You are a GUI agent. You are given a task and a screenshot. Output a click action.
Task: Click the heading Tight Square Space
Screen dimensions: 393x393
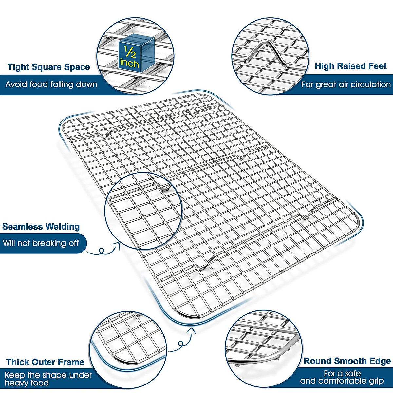(48, 67)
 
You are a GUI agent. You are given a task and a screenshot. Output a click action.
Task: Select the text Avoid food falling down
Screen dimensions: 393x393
(51, 84)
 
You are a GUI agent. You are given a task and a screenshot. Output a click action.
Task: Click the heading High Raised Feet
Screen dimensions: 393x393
(350, 66)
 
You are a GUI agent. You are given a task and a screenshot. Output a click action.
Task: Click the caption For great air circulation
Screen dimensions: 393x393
(346, 84)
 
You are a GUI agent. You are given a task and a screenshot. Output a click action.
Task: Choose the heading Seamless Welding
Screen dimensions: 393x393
(41, 227)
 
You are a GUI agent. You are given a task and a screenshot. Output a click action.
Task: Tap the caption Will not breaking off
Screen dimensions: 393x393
(41, 243)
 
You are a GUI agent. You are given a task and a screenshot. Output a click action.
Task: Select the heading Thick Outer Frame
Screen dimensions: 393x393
(45, 362)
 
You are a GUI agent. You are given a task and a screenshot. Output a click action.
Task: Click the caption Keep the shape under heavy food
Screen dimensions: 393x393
(48, 379)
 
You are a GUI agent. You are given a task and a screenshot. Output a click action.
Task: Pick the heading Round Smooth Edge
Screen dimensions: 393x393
(347, 361)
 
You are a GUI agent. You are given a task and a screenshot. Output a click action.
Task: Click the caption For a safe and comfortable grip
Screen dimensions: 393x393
(342, 377)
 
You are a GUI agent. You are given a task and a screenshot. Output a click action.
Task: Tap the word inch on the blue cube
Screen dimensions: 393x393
(129, 63)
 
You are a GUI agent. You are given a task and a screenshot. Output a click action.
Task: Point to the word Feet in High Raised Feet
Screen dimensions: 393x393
(377, 66)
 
